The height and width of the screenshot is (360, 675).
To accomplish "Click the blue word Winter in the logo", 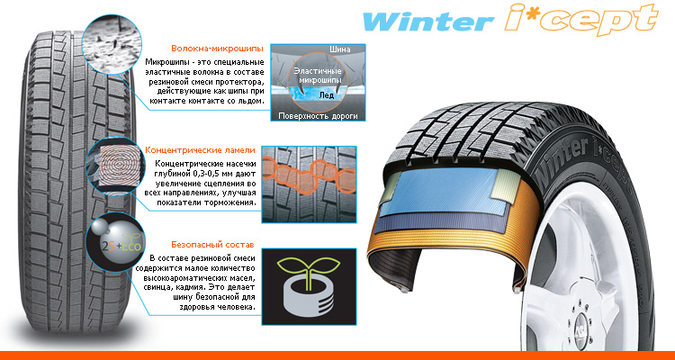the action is tap(427, 22).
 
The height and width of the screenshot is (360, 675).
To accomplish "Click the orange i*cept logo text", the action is tap(581, 20).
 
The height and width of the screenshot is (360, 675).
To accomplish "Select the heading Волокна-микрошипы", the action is tap(211, 49).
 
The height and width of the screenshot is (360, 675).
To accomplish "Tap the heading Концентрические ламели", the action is tap(200, 150).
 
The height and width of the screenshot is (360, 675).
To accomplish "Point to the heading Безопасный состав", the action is tap(212, 245).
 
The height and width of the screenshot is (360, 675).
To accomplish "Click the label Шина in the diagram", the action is tap(340, 49).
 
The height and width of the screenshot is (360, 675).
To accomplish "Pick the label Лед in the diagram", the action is tap(326, 95).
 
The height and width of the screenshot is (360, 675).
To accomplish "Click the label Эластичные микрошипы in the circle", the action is tap(318, 76).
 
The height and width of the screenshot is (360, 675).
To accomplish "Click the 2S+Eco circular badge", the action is tap(115, 241).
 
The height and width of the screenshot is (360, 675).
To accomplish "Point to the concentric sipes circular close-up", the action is tap(115, 166).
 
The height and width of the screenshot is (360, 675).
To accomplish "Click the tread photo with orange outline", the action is tap(309, 184).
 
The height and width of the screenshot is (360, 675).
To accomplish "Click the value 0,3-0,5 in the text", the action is tap(203, 174).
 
